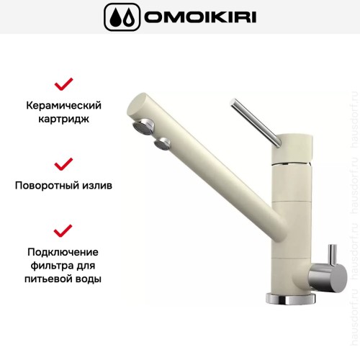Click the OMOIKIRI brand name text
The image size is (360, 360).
199,16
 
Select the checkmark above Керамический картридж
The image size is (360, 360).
64,84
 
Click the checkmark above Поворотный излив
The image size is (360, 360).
64,163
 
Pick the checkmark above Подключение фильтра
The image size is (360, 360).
64,230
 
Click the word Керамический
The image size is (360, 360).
64,106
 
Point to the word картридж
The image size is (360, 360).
64,120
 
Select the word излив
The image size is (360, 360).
98,184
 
